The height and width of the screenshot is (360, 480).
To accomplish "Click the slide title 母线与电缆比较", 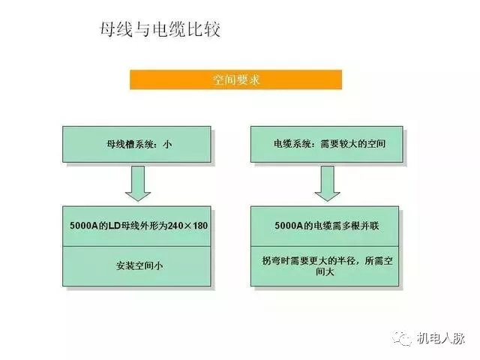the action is [x=160, y=30].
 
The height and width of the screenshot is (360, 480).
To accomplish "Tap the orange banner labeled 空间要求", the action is [x=235, y=79].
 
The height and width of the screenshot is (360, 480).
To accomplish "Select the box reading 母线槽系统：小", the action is [x=136, y=144].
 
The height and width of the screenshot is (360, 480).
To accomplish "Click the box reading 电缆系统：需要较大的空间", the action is [x=327, y=144].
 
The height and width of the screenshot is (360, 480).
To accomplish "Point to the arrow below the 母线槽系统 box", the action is [x=138, y=183].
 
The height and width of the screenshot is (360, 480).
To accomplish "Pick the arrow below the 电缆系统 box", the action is [x=327, y=183].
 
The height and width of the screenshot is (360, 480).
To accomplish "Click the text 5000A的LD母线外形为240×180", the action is [x=139, y=226].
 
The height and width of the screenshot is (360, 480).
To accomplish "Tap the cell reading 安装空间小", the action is [x=136, y=266].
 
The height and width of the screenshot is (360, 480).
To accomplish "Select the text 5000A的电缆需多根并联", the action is [x=327, y=226].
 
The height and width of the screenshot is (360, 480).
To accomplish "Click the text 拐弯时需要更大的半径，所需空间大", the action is [x=327, y=266].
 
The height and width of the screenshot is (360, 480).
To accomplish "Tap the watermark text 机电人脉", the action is [x=440, y=338].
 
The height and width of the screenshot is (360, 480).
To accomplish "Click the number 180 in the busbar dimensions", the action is [x=200, y=226].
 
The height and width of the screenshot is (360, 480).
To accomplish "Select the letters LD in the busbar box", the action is [x=113, y=226].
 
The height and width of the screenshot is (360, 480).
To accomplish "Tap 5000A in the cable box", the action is [x=289, y=226].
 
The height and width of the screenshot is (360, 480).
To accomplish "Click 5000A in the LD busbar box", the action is [x=84, y=226].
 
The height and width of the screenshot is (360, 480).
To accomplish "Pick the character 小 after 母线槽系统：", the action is [x=167, y=144].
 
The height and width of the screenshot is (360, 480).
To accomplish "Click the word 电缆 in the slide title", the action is [x=169, y=30].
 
